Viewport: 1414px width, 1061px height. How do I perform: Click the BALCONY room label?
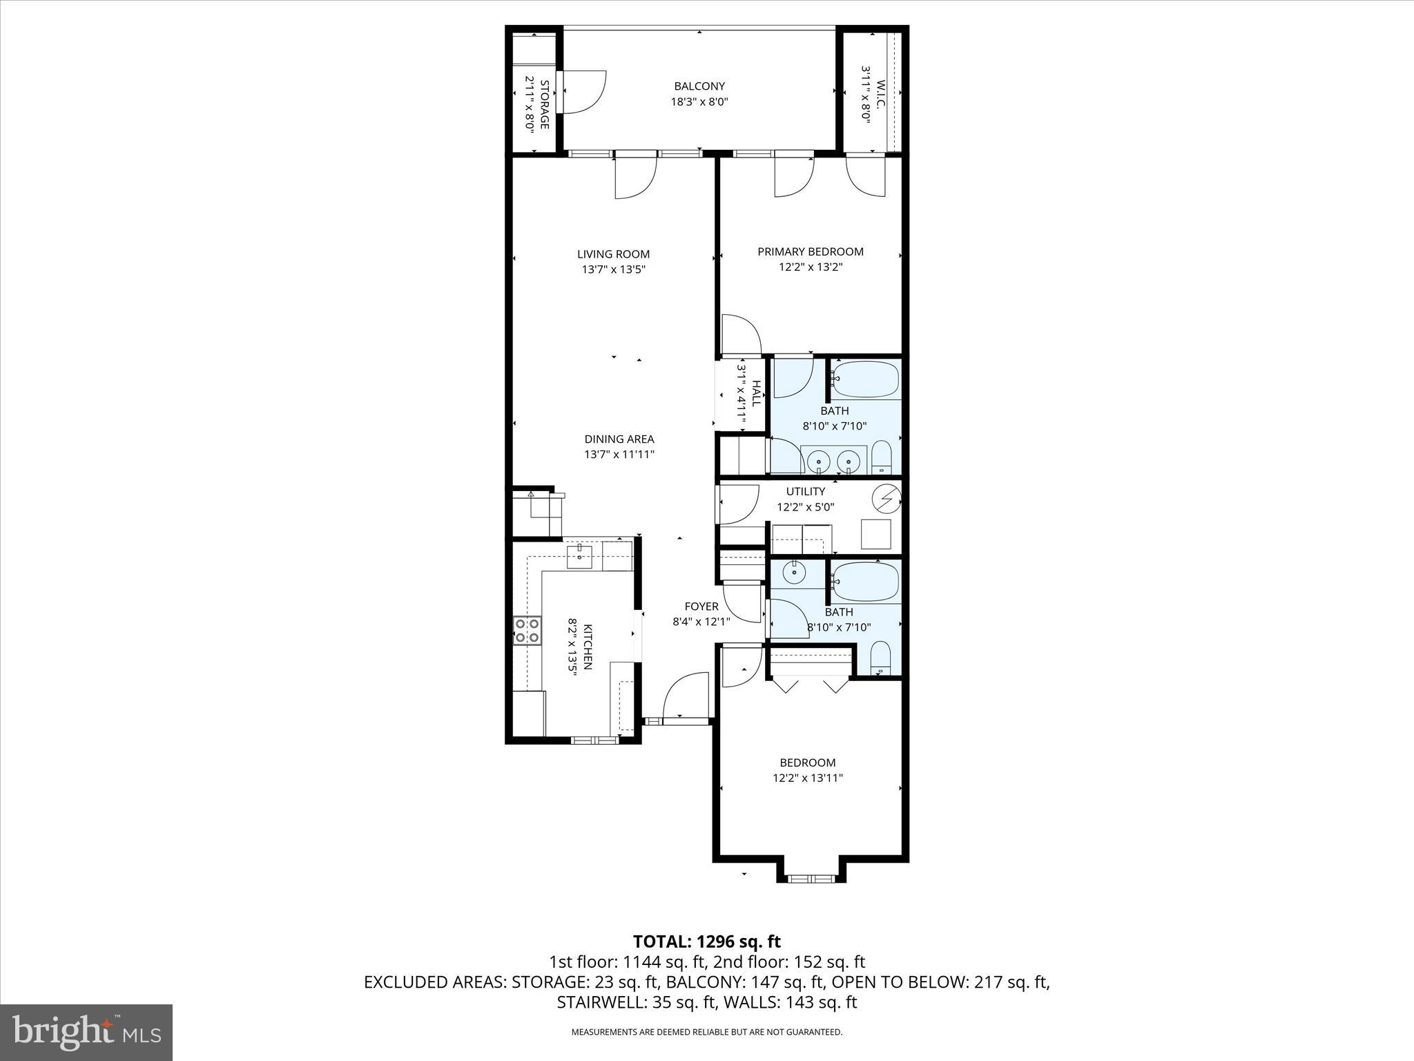pos(699,86)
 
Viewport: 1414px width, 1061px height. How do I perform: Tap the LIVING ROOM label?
pos(613,254)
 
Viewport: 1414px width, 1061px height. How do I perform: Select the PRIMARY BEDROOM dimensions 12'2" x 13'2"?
pos(811,267)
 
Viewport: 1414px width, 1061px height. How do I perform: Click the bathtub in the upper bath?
pos(866,379)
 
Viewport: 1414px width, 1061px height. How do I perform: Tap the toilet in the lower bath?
pos(880,658)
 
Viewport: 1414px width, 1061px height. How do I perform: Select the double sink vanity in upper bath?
pos(833,461)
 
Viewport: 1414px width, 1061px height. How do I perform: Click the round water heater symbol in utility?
pos(887,498)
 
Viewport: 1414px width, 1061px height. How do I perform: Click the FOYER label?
pos(701,606)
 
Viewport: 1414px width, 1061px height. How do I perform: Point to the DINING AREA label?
pos(619,439)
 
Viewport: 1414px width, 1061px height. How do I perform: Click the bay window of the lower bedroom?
pos(811,879)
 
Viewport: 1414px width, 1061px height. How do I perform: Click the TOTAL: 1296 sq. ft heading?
pos(706,941)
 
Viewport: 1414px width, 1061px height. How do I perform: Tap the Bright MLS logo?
pos(86,1032)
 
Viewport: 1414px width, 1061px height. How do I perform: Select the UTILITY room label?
pos(805,492)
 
